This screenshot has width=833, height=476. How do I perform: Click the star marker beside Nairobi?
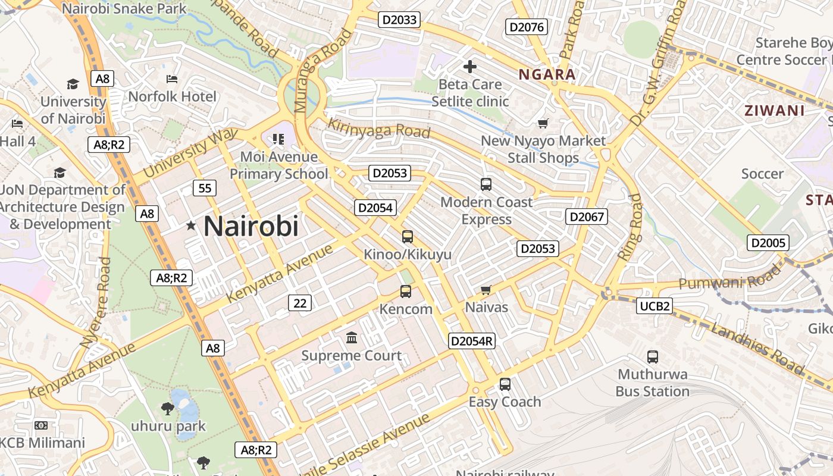coord(191,226)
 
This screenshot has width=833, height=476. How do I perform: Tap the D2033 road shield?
coord(400,20)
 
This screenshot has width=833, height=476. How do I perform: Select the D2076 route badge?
coord(527,27)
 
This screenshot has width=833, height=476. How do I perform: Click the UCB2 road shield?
coord(655,306)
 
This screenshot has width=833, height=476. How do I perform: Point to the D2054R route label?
coord(472,341)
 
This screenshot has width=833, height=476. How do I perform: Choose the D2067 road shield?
coord(587,217)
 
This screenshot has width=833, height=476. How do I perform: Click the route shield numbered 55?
coord(205,189)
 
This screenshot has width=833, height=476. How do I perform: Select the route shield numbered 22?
coord(300,303)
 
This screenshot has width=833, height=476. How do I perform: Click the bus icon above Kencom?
coord(406,292)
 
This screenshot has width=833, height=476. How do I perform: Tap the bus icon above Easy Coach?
coord(505,384)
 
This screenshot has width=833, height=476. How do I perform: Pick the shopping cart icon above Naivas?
coord(486,290)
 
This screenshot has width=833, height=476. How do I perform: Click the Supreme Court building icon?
coord(352,338)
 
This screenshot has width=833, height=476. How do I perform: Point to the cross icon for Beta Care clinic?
coord(470,67)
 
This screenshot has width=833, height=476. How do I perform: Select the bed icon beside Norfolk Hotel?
coord(172,79)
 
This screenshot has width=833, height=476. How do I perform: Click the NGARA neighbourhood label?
coord(547,75)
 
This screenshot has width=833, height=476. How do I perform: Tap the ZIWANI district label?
coord(775,111)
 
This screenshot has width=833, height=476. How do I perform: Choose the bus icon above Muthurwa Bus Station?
coord(653,357)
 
